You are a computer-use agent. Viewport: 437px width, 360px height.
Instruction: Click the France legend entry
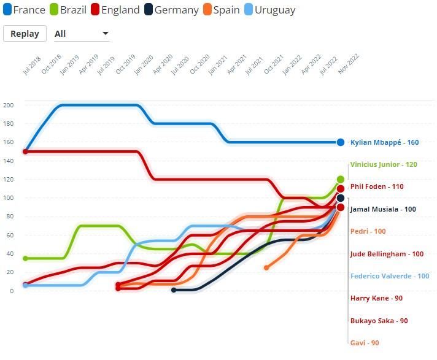coord(25,10)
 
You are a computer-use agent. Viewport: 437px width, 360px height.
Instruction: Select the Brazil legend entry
coord(67,10)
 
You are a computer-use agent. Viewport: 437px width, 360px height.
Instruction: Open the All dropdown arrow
coord(105,33)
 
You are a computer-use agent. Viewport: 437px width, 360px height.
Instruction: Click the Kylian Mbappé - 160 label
coord(384,142)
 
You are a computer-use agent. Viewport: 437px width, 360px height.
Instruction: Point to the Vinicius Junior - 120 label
coord(384,165)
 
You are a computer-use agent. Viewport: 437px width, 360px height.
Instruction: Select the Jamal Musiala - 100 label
coord(383,209)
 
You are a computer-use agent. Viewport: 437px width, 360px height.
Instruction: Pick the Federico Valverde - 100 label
coord(390,276)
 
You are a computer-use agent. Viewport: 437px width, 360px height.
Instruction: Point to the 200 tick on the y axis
coord(8,105)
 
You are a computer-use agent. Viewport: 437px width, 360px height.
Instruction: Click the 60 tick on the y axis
coord(10,236)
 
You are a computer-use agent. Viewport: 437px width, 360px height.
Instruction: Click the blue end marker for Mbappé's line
coord(341,142)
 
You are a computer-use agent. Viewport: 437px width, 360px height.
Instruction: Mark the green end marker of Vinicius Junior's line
coord(341,180)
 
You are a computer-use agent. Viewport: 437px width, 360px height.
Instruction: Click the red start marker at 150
coord(25,151)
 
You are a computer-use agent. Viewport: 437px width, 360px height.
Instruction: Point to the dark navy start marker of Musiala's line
coord(174,290)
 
